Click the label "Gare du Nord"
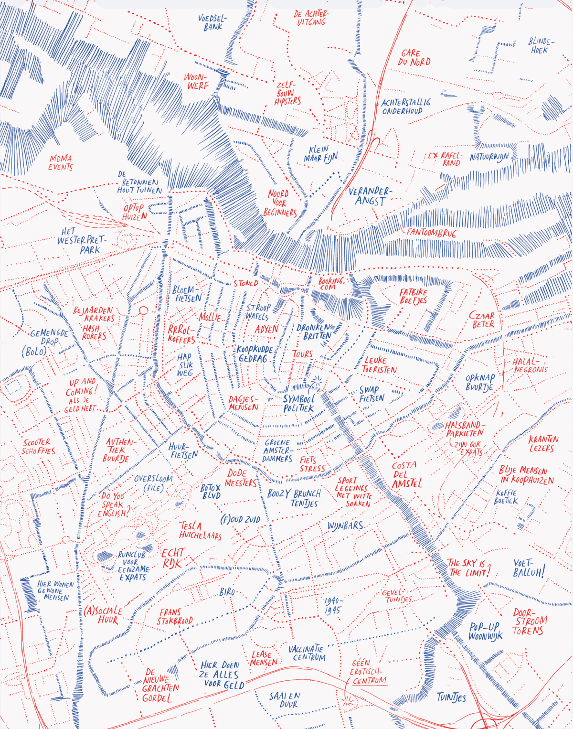coord(414,58)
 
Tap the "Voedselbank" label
coord(213,22)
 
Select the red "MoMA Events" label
coord(61,162)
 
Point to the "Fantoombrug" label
coord(431,233)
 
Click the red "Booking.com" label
coord(331,284)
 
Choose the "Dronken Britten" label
coord(314,332)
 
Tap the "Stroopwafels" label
coord(258,311)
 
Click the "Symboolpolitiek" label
coord(299,403)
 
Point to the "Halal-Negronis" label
coord(530,365)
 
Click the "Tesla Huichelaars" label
coord(200,530)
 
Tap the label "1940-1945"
coord(333,605)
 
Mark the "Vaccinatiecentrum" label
coord(307,653)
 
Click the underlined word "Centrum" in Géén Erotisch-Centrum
coord(370,681)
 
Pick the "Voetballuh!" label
coord(529,568)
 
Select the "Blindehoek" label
coord(541,45)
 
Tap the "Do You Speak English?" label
coord(113,505)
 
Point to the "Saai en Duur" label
coord(285,700)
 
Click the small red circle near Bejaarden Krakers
coord(143,311)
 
